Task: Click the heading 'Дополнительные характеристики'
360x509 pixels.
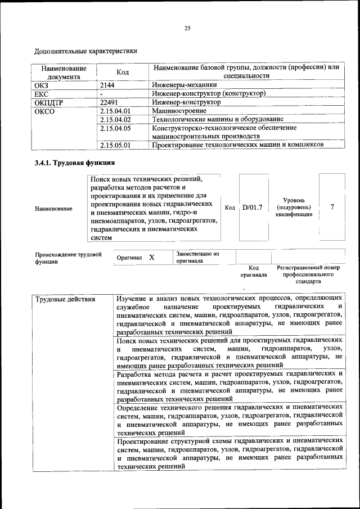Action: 86,51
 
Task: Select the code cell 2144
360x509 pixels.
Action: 107,84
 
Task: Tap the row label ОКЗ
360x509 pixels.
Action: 43,84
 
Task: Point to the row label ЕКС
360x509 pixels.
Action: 42,93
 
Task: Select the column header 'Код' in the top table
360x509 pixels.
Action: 122,72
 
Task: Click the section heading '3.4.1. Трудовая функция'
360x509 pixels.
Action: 75,163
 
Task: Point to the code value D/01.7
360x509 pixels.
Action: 252,208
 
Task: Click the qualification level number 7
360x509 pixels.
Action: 332,207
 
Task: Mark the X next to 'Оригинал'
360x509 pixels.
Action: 152,257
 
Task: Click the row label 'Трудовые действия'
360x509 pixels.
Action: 65,299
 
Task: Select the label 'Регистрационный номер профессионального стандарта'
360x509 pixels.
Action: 308,274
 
